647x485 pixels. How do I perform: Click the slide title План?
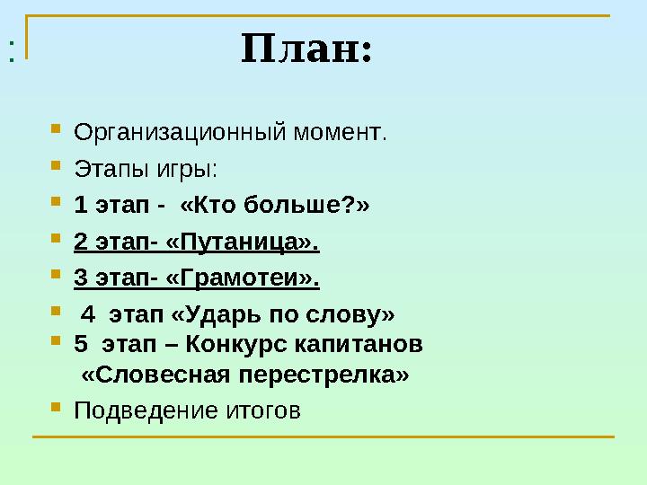coord(306,50)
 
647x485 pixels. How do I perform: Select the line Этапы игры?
coord(145,170)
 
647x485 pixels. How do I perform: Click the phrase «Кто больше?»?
coord(274,206)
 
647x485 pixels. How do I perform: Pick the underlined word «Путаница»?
coord(244,242)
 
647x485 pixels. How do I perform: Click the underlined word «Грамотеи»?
coord(244,278)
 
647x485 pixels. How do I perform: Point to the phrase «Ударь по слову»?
coord(282,315)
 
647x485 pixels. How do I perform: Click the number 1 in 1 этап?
coord(79,206)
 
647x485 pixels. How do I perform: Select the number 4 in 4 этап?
coord(88,315)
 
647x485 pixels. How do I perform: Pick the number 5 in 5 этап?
coord(80,344)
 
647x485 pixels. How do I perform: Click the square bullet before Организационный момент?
coord(55,130)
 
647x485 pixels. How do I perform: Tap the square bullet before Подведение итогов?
coord(55,408)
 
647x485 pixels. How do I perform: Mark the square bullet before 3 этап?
coord(55,275)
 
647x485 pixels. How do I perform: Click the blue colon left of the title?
coord(11,52)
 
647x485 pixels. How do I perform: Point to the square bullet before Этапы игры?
coord(55,166)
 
